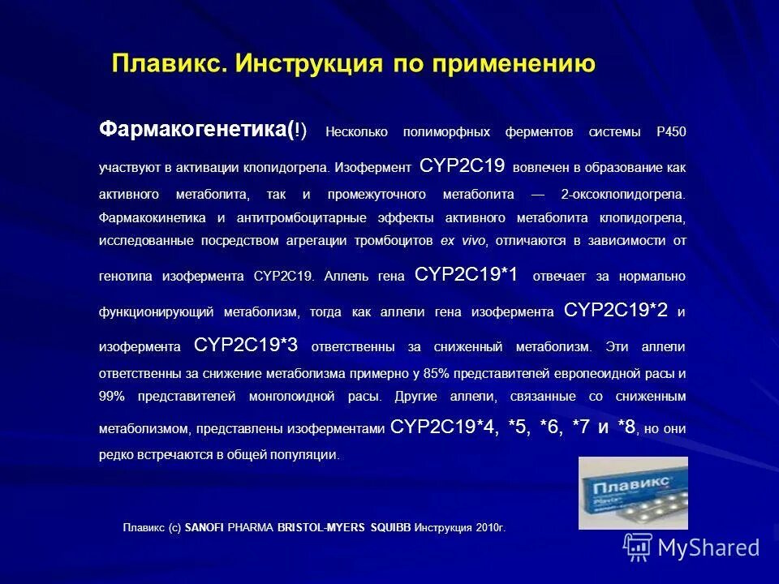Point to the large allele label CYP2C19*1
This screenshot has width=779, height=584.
point(467,274)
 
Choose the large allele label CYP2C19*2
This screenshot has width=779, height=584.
point(616,311)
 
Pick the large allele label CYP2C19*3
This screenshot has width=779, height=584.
point(247,346)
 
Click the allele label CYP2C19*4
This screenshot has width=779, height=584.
point(442,427)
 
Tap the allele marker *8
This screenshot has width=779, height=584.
point(626,427)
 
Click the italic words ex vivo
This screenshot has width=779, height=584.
point(463,241)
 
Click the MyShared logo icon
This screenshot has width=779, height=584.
point(637,547)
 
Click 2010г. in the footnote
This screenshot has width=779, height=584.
point(490,528)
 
